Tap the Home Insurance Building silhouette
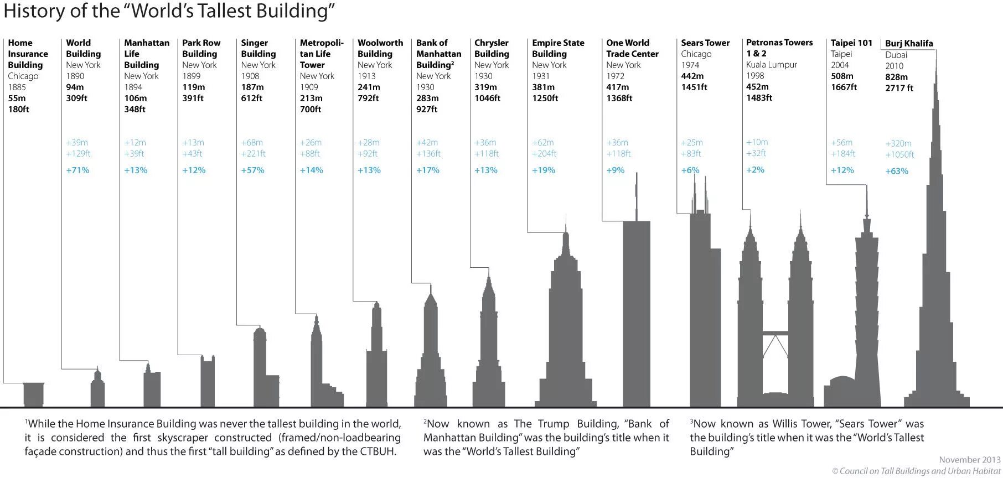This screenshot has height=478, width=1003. (34, 394)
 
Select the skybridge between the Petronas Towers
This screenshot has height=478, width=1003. (775, 333)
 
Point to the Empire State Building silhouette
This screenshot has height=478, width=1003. (565, 332)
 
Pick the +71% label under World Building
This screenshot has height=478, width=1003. (77, 170)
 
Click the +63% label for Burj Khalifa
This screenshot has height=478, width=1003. (897, 172)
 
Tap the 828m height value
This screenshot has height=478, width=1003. (896, 77)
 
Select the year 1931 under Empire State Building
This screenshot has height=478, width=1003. (541, 76)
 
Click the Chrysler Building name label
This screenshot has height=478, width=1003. (492, 48)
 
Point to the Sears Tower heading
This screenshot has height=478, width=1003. (705, 43)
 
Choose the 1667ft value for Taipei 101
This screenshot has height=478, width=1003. (844, 87)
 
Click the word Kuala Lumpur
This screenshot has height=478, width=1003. (772, 65)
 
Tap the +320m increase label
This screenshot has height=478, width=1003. (898, 143)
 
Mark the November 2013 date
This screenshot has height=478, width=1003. (970, 460)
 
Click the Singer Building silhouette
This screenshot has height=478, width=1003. (260, 368)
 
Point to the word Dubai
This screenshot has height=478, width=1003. (896, 55)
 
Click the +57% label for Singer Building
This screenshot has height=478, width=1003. (252, 170)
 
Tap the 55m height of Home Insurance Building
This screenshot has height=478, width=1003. (17, 98)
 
